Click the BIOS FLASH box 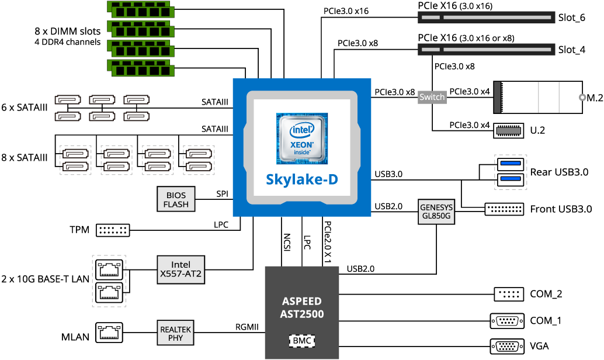tap(176, 199)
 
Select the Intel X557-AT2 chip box tap(180, 269)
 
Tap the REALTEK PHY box tap(175, 333)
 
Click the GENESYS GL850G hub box tap(436, 211)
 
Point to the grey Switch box tap(432, 97)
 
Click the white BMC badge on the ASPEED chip tap(302, 340)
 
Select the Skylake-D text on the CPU tap(301, 179)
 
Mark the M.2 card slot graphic tap(537, 97)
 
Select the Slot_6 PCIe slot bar tap(486, 18)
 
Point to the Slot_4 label tap(571, 50)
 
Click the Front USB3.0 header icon tap(504, 209)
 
